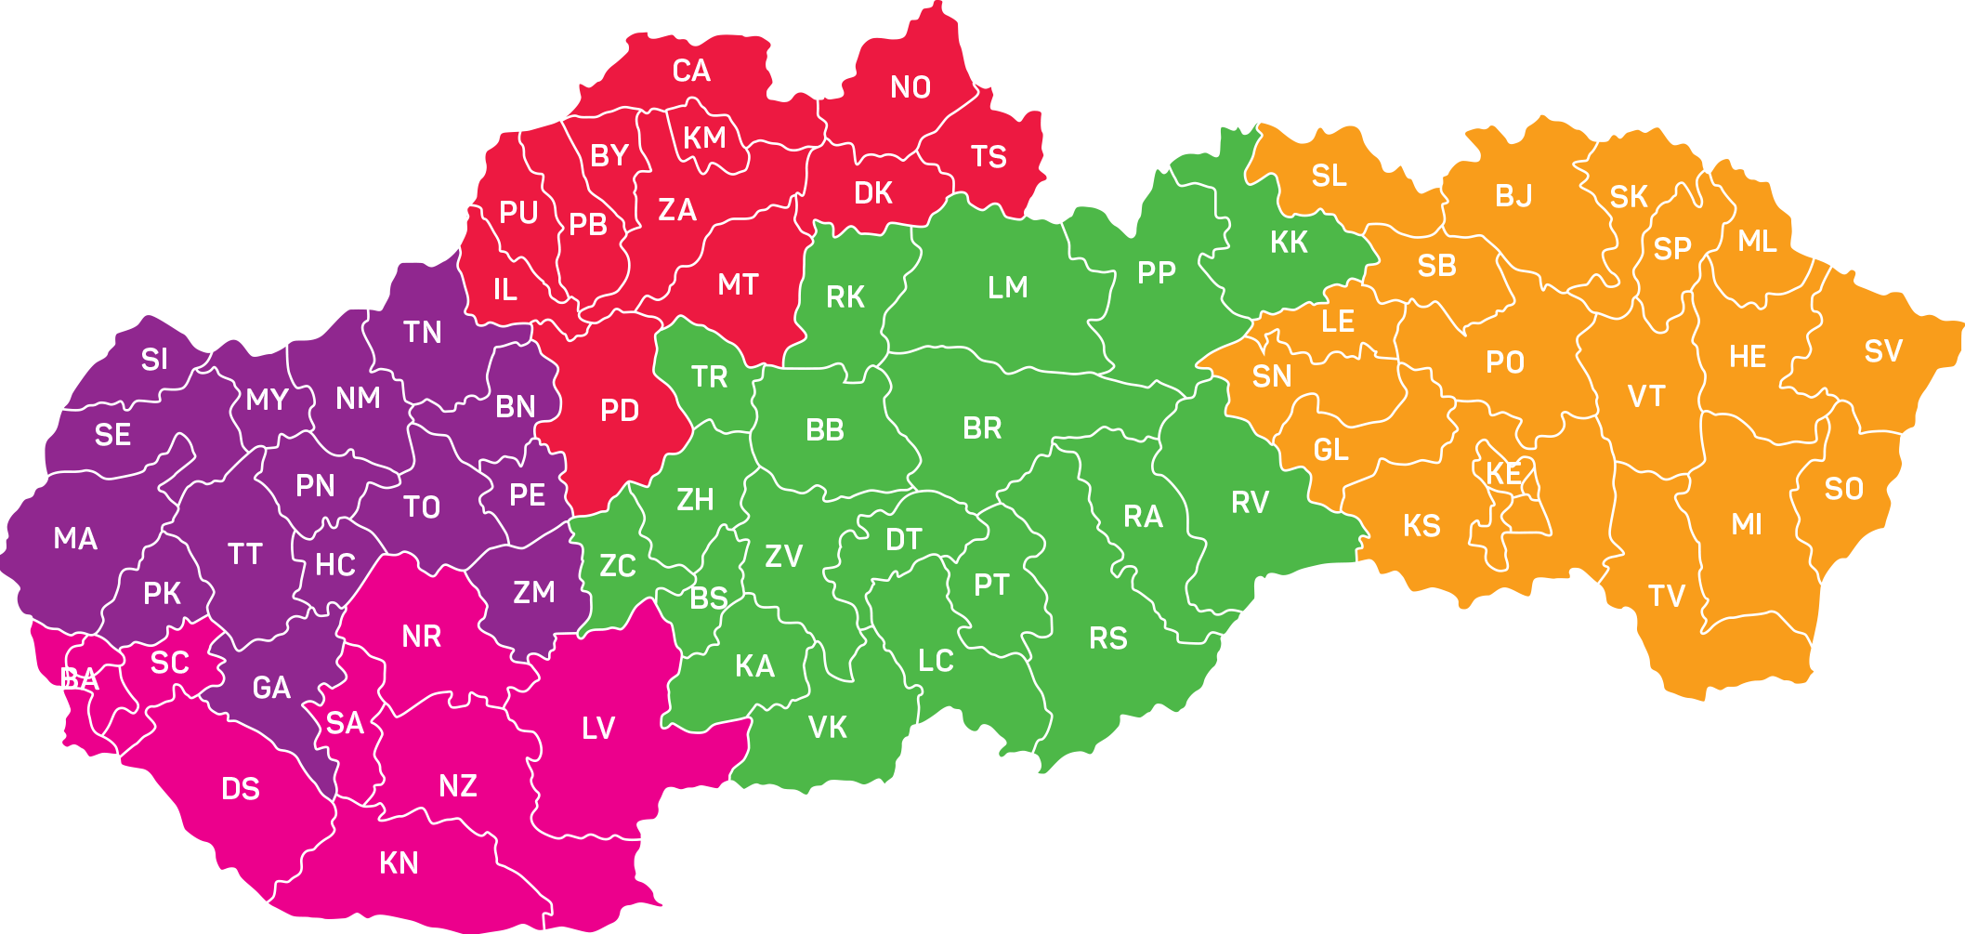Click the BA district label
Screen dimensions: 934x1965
[79, 679]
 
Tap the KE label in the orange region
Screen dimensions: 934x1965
[1503, 474]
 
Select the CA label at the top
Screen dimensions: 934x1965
[691, 71]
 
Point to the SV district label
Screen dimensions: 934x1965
[1883, 351]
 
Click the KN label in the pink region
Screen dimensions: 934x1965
[399, 863]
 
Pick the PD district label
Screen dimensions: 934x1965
[620, 410]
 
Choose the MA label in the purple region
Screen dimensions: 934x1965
[75, 538]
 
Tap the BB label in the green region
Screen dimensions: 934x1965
[825, 430]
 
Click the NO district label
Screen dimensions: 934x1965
[910, 87]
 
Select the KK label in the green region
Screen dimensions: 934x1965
[1289, 243]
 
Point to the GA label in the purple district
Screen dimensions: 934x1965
[271, 688]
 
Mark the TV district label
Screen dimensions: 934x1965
[1667, 596]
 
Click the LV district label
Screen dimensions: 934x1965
[598, 728]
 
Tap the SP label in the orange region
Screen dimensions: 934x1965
[1672, 249]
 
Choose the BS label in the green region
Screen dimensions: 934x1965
[709, 599]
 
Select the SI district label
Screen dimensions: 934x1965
[154, 360]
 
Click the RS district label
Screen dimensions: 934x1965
[1107, 638]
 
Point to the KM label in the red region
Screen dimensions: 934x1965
[704, 138]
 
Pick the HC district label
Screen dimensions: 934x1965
[335, 565]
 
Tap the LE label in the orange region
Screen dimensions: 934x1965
[1338, 322]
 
